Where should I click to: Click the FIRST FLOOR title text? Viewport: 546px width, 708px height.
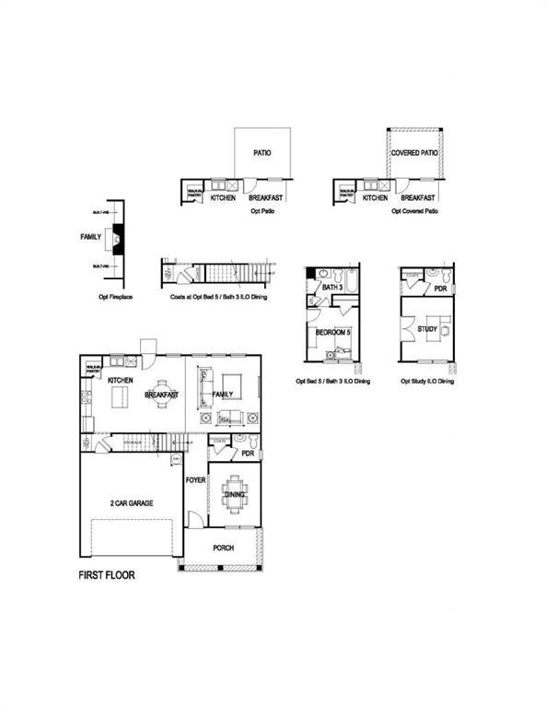(106, 574)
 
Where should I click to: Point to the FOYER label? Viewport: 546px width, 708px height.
(195, 480)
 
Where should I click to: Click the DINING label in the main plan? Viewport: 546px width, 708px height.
(234, 495)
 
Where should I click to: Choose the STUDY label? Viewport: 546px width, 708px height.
(426, 328)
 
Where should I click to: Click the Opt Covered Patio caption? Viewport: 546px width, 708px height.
(414, 211)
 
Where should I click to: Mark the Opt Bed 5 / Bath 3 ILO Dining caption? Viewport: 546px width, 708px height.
(332, 381)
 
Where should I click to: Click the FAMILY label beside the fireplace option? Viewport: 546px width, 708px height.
(90, 237)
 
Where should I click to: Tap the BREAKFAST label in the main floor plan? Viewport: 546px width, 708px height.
(160, 395)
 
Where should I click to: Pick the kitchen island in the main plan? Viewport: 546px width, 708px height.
(120, 397)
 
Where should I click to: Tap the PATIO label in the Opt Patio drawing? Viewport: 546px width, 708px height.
(263, 153)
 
